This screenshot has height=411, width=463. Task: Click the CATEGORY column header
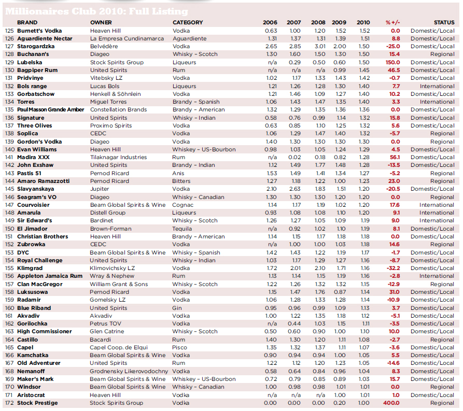pos(187,23)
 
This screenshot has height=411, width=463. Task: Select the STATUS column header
pos(444,23)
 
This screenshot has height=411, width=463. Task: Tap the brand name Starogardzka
pos(35,47)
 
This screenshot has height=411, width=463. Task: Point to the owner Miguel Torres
pos(109,102)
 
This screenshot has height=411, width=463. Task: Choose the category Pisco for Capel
pos(180,347)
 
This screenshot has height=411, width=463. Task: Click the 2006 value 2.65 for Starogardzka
pos(271,47)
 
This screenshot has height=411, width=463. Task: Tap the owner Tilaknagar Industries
pos(118,157)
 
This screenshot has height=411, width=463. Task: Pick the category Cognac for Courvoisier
pos(184,205)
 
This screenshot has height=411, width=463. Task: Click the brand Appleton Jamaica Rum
pos(50,276)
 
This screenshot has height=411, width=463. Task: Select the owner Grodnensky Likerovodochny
pos(129,371)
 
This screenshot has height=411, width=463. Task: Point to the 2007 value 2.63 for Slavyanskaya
pos(294,189)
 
